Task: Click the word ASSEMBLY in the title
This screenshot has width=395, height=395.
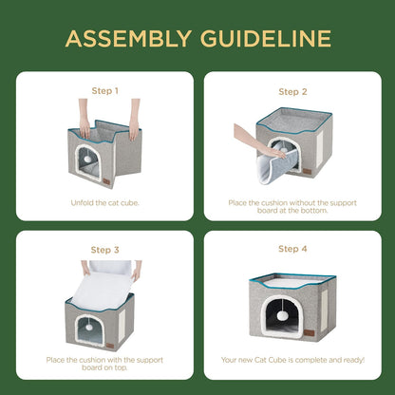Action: tap(125, 39)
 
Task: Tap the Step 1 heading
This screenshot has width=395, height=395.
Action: tap(103, 92)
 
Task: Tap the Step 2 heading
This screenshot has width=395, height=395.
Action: tap(292, 92)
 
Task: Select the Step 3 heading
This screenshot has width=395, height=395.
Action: tap(103, 250)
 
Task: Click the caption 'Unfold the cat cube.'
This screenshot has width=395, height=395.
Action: tap(103, 202)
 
